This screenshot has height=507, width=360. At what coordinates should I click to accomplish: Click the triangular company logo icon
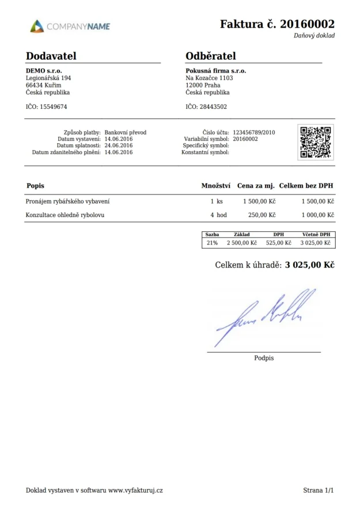37,26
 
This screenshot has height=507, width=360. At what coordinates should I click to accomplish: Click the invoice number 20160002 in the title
307,24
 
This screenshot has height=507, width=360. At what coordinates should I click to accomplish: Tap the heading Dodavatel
51,56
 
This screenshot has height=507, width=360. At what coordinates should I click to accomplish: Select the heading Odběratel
211,56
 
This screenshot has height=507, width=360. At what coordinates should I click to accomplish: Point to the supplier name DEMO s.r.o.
44,70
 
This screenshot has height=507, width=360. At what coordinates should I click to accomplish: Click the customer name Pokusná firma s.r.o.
215,70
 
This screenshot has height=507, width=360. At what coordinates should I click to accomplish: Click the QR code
316,142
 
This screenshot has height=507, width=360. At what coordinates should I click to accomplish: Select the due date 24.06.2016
119,146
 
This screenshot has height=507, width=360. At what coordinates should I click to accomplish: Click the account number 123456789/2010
254,132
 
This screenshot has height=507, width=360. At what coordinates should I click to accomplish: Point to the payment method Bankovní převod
126,132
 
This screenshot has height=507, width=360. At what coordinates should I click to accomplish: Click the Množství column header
216,186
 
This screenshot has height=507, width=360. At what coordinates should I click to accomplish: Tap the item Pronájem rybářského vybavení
68,201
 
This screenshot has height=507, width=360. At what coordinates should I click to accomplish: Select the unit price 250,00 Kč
262,215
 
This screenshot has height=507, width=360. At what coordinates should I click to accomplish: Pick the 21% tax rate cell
212,243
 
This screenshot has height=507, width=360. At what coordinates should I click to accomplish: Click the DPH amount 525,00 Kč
279,243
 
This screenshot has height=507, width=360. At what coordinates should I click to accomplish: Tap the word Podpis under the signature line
264,358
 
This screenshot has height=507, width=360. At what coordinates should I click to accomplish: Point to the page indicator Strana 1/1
319,490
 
